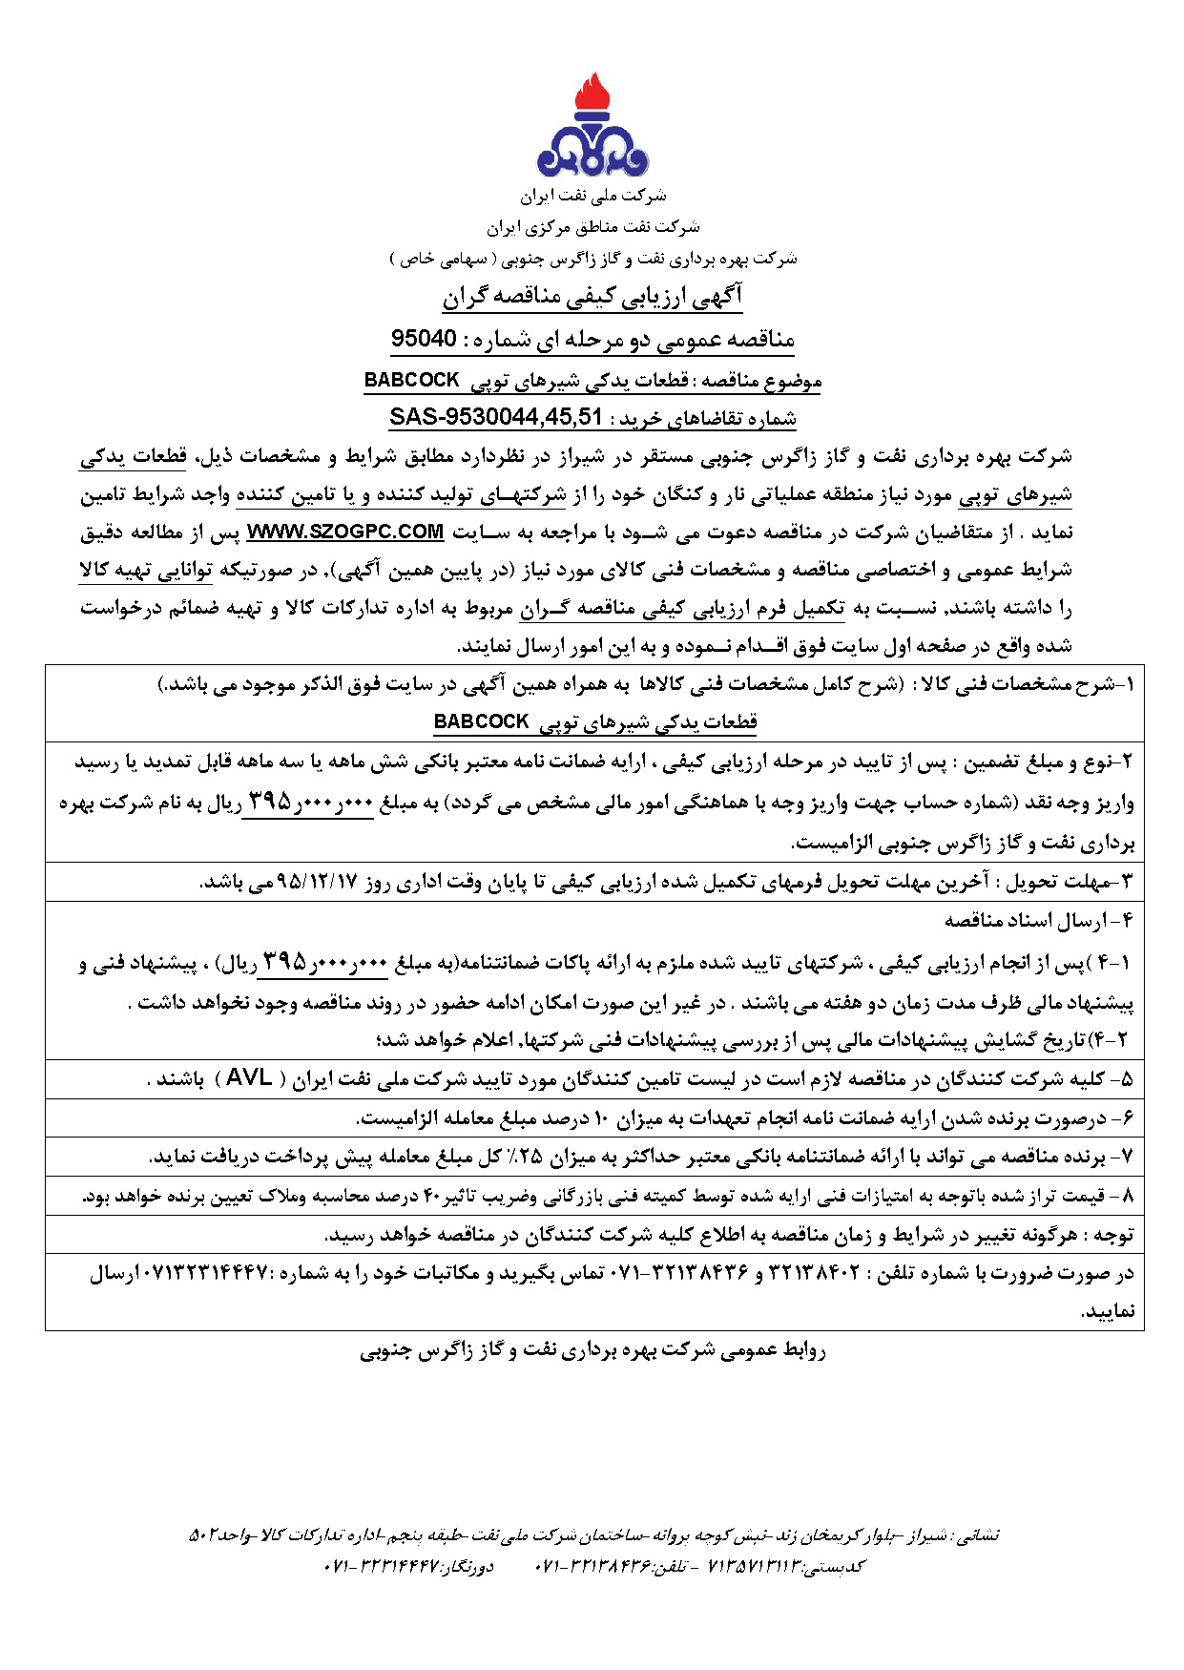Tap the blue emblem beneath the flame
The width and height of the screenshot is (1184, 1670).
coord(592,153)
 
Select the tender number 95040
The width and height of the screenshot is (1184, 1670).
coord(424,339)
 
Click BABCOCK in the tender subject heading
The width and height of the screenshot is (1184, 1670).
coord(411,380)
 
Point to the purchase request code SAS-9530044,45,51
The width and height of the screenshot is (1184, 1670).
coord(496,417)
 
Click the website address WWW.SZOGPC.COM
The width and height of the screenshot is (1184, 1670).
coord(345,532)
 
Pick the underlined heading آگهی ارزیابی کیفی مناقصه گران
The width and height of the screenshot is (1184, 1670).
coord(592,297)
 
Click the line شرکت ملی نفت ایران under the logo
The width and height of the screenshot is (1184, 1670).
coord(592,196)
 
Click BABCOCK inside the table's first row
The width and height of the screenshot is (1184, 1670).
coord(481,721)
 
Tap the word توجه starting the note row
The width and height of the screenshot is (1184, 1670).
coord(1113,1235)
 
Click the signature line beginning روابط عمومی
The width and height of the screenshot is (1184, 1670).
coord(592,1350)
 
